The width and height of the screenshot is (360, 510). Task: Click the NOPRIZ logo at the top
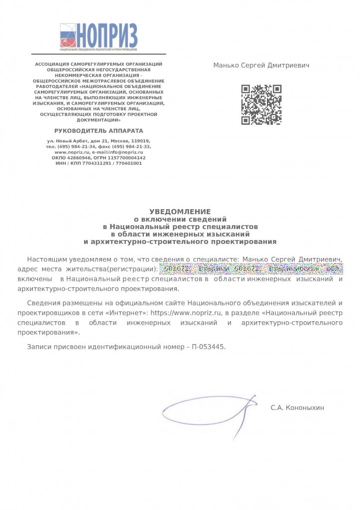pyautogui.click(x=98, y=37)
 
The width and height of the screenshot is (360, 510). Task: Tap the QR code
pyautogui.click(x=261, y=105)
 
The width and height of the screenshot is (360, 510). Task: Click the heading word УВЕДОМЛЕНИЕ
pyautogui.click(x=180, y=212)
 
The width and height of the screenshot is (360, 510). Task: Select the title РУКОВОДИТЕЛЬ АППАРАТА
pyautogui.click(x=99, y=131)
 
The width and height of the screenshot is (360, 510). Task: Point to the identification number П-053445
pyautogui.click(x=208, y=346)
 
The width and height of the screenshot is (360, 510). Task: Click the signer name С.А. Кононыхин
pyautogui.click(x=297, y=408)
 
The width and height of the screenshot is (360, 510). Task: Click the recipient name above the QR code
pyautogui.click(x=261, y=65)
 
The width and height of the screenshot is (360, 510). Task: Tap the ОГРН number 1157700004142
pyautogui.click(x=125, y=158)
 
